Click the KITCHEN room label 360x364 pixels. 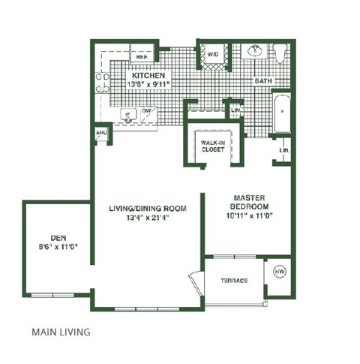click(148, 77)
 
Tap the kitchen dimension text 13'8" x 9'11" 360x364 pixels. click(148, 85)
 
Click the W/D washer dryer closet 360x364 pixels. click(213, 54)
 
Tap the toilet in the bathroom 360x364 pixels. click(280, 54)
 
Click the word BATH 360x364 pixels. click(262, 80)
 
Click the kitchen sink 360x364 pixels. click(130, 116)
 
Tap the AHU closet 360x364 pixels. click(100, 133)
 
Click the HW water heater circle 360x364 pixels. click(278, 271)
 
